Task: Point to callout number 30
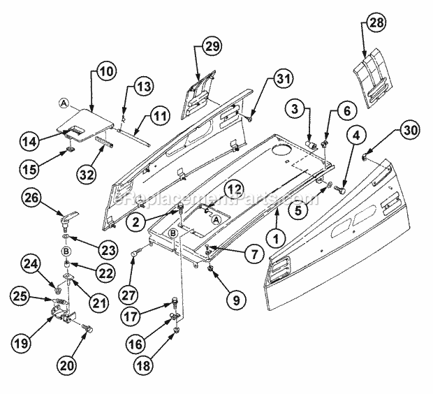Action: pos(411,129)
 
